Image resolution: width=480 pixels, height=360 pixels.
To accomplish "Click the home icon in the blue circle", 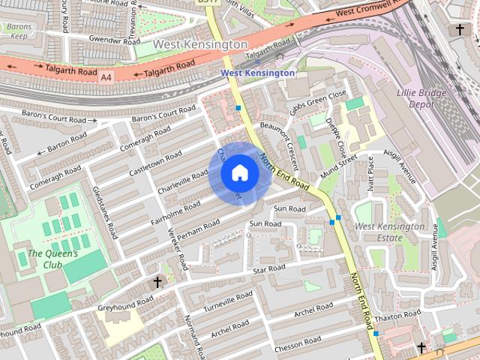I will [239, 173].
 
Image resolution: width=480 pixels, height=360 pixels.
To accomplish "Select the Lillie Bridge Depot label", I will [421, 98].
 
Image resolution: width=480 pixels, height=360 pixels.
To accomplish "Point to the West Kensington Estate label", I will [389, 232].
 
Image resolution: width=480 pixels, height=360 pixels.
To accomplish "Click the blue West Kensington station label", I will [257, 73].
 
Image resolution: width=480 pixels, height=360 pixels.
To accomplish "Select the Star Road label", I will [268, 268].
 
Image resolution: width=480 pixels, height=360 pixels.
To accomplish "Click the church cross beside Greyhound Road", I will [157, 282].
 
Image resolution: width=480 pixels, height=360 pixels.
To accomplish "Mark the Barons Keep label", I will [17, 31].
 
